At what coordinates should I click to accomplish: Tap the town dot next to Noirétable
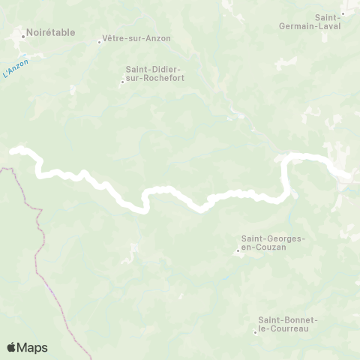22,34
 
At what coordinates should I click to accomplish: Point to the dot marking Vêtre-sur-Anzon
99,41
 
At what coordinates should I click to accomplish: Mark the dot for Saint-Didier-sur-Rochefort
122,82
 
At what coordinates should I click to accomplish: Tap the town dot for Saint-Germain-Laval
343,13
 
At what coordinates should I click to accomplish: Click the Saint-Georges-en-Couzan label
273,243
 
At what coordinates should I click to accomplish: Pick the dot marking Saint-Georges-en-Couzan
238,250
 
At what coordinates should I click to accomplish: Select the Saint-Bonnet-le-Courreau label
288,324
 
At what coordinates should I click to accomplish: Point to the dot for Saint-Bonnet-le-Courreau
256,331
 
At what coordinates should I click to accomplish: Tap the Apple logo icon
12,347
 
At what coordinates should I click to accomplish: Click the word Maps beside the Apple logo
33,347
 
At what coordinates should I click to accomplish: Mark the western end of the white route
12,151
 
